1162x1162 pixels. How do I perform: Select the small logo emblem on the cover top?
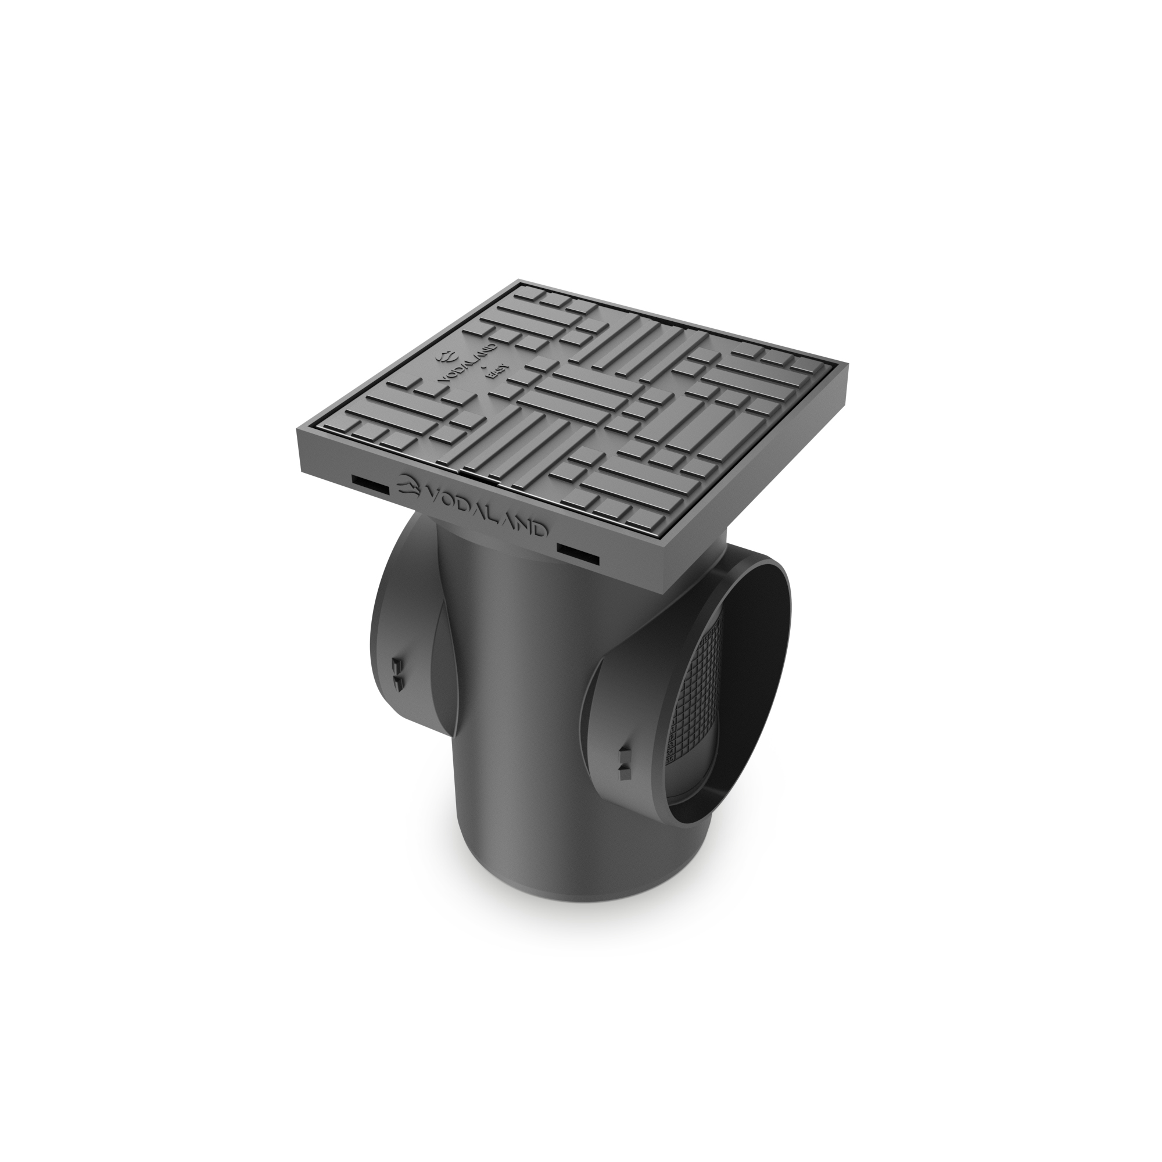447,356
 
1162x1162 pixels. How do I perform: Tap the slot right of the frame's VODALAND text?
578,554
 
